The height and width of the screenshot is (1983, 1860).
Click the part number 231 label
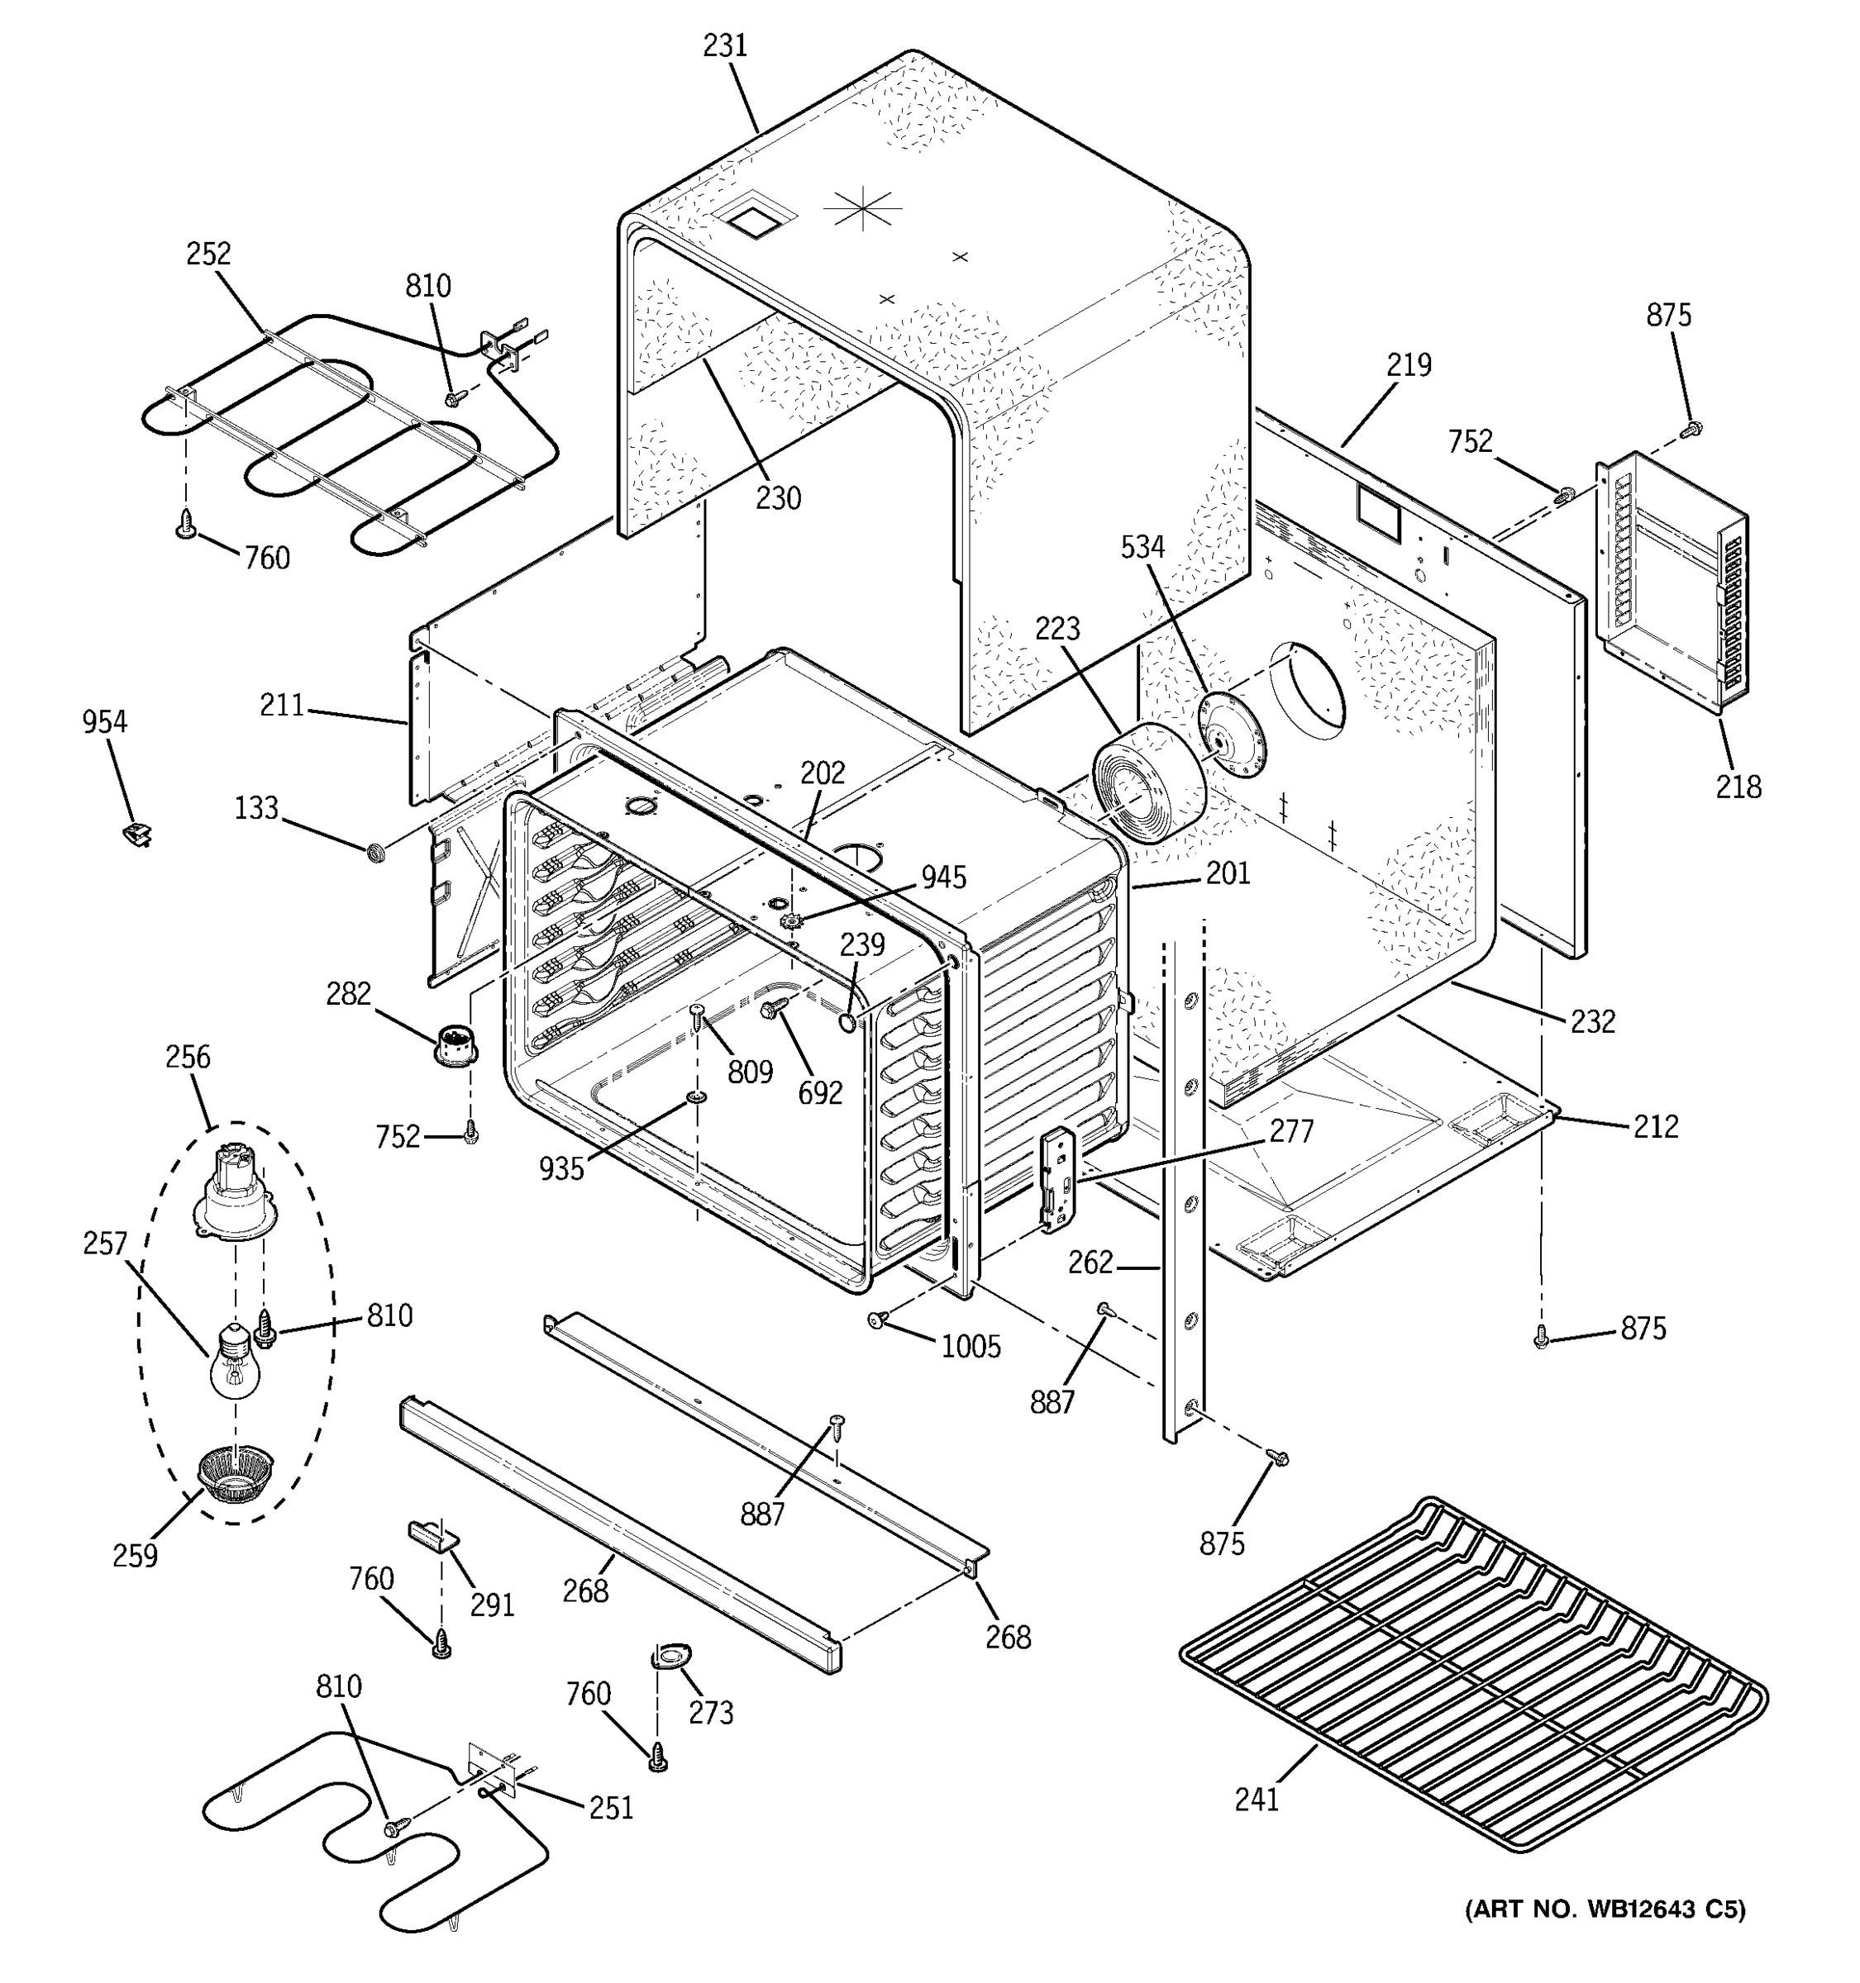click(x=726, y=46)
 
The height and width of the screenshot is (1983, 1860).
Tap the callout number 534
click(x=1142, y=547)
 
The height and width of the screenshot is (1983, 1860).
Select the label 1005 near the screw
click(x=971, y=1348)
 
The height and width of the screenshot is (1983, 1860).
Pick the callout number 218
click(x=1738, y=787)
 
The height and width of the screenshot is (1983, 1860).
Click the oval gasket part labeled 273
click(x=674, y=1657)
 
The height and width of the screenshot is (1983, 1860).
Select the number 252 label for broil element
click(x=208, y=254)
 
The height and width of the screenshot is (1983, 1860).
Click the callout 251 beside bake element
click(x=611, y=1809)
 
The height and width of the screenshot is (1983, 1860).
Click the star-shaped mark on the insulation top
click(x=861, y=211)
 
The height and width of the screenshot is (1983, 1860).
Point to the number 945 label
click(x=943, y=877)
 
